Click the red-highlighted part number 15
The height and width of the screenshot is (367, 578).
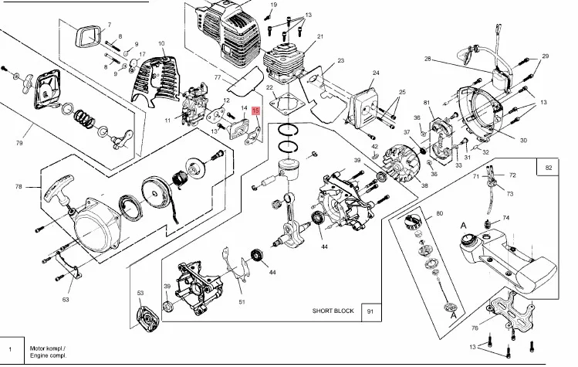tap(256, 113)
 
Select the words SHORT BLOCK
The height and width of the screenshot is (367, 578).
tap(333, 311)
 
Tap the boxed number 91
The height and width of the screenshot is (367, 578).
tap(370, 311)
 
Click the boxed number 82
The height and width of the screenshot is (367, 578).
tap(549, 168)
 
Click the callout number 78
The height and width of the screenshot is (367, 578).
tap(19, 186)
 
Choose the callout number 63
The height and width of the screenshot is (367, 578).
tap(66, 299)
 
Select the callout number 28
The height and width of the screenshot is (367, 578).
tap(428, 58)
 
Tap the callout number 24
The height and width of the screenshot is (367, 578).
tap(376, 73)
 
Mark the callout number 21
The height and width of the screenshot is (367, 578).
tap(319, 36)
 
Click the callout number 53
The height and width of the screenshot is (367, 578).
tap(140, 293)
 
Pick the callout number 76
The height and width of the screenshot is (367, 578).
tap(475, 328)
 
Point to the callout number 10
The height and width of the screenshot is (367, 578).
tap(162, 43)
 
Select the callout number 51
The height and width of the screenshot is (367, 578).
tap(242, 301)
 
